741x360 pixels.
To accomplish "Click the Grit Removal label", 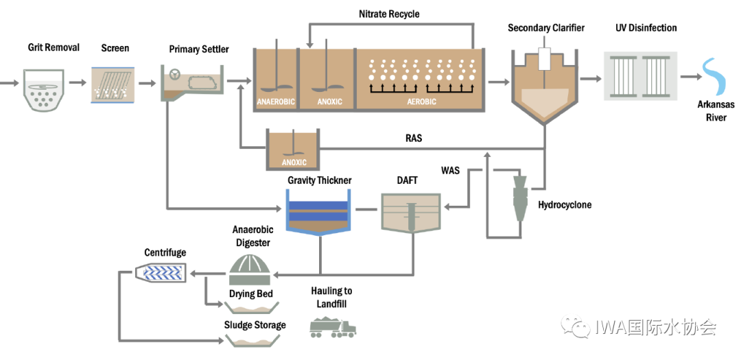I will pos(54,47).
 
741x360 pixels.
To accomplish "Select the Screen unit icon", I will pos(112,84).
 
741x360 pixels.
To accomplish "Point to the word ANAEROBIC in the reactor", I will pos(276,102).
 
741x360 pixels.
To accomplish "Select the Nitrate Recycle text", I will pos(389,14).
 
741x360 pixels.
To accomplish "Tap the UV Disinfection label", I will pos(646,28).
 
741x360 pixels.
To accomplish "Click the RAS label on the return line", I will pos(414,139).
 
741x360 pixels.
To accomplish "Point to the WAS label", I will pos(450,169).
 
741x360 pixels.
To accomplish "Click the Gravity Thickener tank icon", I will pos(320,212).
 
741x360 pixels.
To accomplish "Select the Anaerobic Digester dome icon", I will pos(250,270).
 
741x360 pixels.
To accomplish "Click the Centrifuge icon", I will pos(163,274).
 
